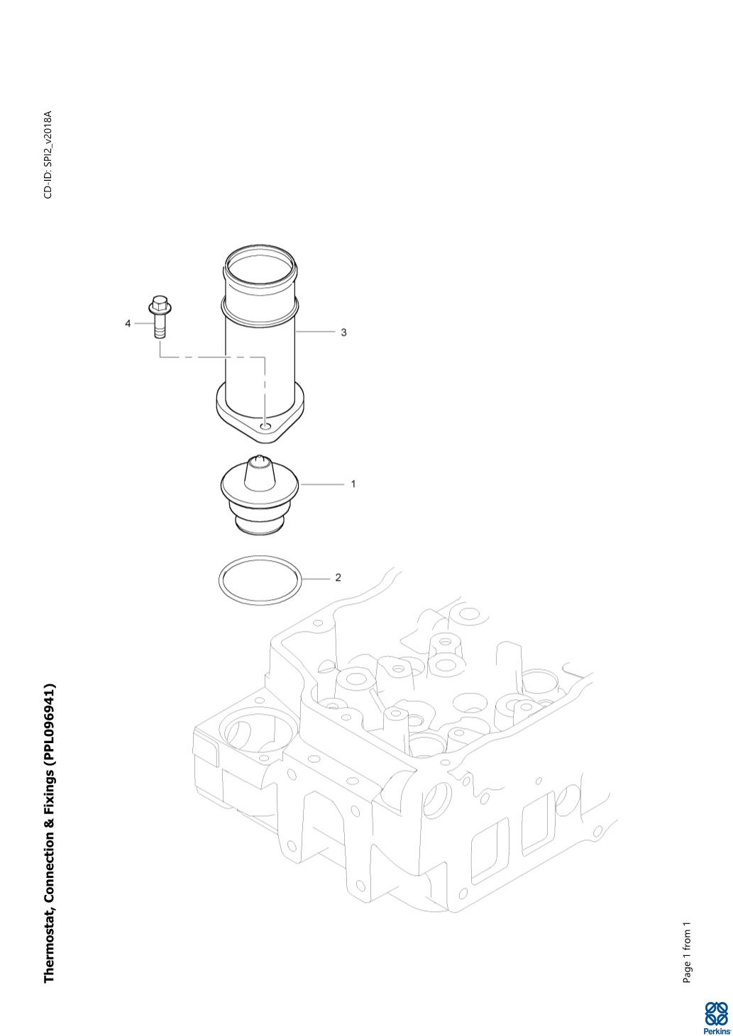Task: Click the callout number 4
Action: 128,324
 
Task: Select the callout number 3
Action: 343,332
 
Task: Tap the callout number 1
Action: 353,484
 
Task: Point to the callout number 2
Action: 338,578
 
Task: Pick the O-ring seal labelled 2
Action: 260,581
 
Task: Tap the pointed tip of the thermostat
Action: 258,459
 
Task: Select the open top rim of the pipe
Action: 260,260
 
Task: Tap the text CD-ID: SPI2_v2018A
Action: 48,155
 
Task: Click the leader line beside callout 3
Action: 316,332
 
